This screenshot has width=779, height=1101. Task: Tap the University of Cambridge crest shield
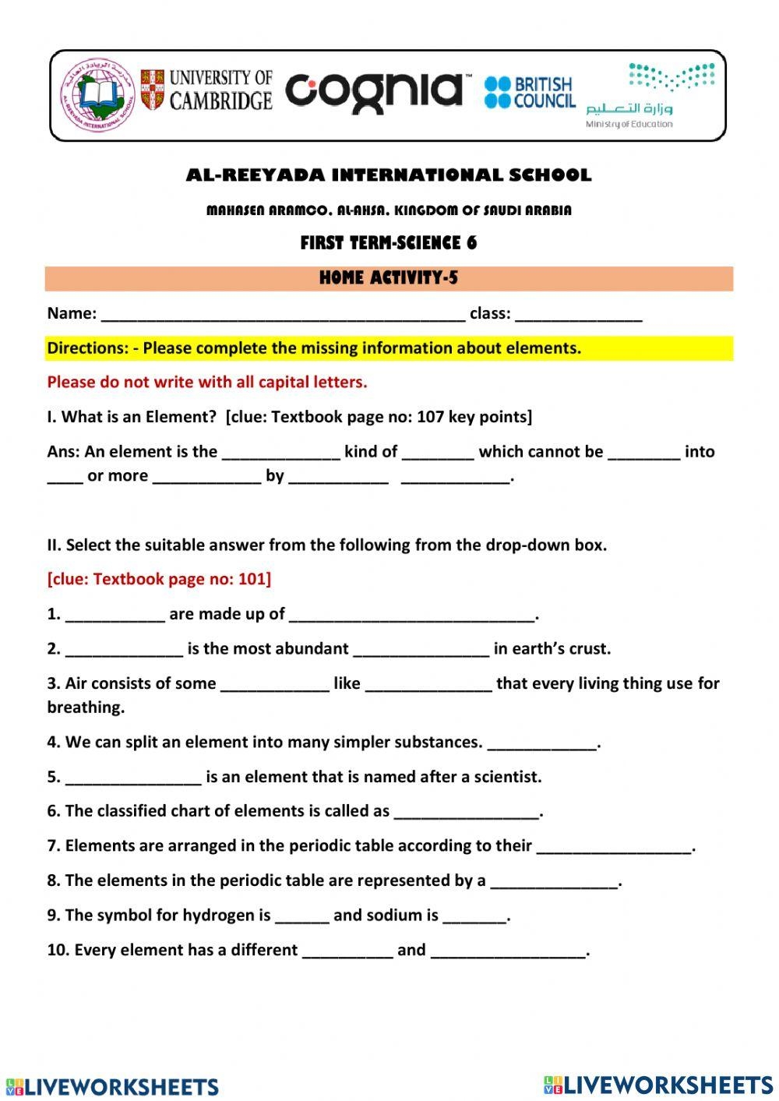pos(153,90)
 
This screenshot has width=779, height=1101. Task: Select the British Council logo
pos(529,92)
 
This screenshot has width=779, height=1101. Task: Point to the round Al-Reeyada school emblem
pos(97,95)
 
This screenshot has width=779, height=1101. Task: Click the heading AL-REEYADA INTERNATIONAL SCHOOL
pos(389,175)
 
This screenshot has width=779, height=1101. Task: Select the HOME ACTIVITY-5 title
pos(389,277)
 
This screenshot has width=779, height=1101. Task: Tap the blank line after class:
pos(578,316)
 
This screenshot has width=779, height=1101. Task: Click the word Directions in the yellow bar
pos(84,348)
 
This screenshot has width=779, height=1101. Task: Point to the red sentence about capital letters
pos(206,382)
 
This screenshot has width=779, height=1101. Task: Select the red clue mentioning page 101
pos(159,579)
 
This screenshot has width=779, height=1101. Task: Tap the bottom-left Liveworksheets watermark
pos(113,1086)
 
